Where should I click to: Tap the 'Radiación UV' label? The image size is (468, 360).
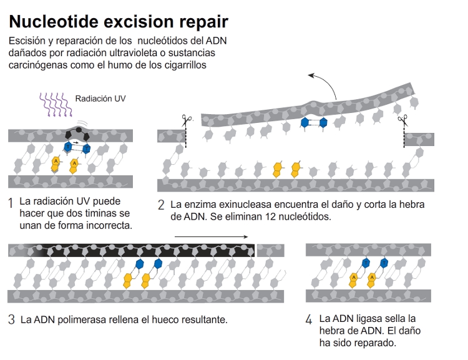click(100, 99)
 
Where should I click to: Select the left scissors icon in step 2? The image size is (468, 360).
click(186, 119)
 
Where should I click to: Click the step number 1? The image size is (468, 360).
click(11, 204)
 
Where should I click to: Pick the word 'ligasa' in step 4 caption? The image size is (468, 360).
click(380, 319)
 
